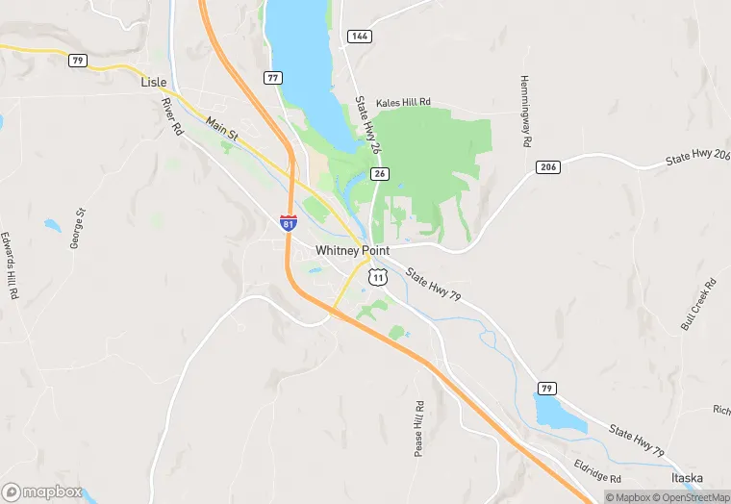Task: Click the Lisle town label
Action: point(154,83)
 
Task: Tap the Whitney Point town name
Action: point(353,251)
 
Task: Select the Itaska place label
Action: point(687,478)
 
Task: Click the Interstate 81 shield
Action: point(289,222)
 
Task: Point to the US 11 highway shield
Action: point(378,277)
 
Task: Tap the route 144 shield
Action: point(359,36)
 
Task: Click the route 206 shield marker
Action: point(547,167)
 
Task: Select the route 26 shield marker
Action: point(381,173)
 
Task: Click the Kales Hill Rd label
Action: point(403,102)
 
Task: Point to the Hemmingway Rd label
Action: point(525,111)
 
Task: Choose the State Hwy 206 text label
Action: point(697,157)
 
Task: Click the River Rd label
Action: point(172,115)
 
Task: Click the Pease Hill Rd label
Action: point(419,428)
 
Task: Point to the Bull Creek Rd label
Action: point(699,304)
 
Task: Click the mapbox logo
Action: point(42,491)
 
